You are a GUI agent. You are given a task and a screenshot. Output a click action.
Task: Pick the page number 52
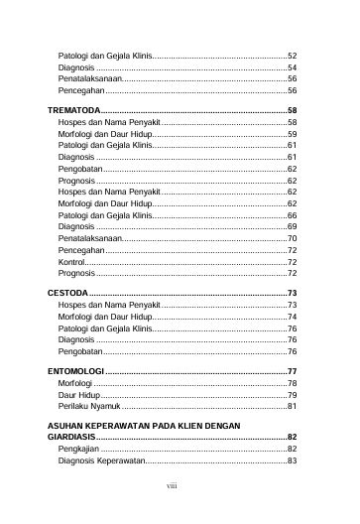click(x=293, y=56)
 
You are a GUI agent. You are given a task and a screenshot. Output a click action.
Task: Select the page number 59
click(x=293, y=133)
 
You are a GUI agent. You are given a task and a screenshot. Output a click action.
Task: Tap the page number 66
click(x=293, y=215)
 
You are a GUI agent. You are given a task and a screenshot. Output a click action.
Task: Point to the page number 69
click(x=293, y=226)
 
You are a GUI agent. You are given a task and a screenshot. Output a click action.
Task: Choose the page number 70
click(x=293, y=238)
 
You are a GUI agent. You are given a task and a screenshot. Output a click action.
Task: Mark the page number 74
click(x=293, y=317)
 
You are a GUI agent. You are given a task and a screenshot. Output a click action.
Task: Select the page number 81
click(x=293, y=406)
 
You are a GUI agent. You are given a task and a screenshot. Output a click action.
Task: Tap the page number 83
click(x=293, y=460)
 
